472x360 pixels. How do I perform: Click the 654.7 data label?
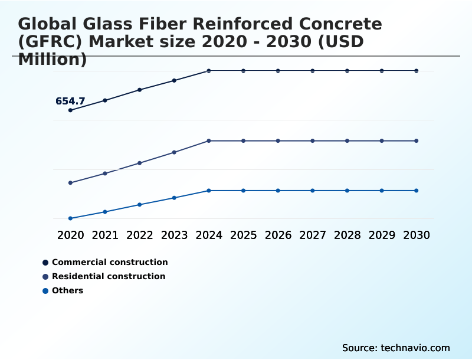(x=70, y=102)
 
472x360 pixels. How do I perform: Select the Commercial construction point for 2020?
(x=71, y=110)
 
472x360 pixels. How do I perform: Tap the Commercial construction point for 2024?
(x=209, y=71)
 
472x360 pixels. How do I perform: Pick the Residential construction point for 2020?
(x=71, y=183)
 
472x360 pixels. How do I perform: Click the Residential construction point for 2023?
(x=174, y=152)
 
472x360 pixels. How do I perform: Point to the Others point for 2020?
(x=71, y=218)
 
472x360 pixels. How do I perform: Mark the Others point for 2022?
(x=140, y=205)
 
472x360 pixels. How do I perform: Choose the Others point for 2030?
(x=417, y=191)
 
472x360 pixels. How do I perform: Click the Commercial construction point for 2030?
(x=417, y=71)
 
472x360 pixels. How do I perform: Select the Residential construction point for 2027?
(x=313, y=141)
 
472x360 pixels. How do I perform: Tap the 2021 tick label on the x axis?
(x=105, y=235)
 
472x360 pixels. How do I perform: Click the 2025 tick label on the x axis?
(x=244, y=235)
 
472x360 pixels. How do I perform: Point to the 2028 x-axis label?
(x=348, y=235)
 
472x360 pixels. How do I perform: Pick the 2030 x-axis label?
(x=417, y=235)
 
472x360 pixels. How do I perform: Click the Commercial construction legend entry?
(x=110, y=262)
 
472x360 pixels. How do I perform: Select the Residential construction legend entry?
(x=109, y=276)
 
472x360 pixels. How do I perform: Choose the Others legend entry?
(x=67, y=290)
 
